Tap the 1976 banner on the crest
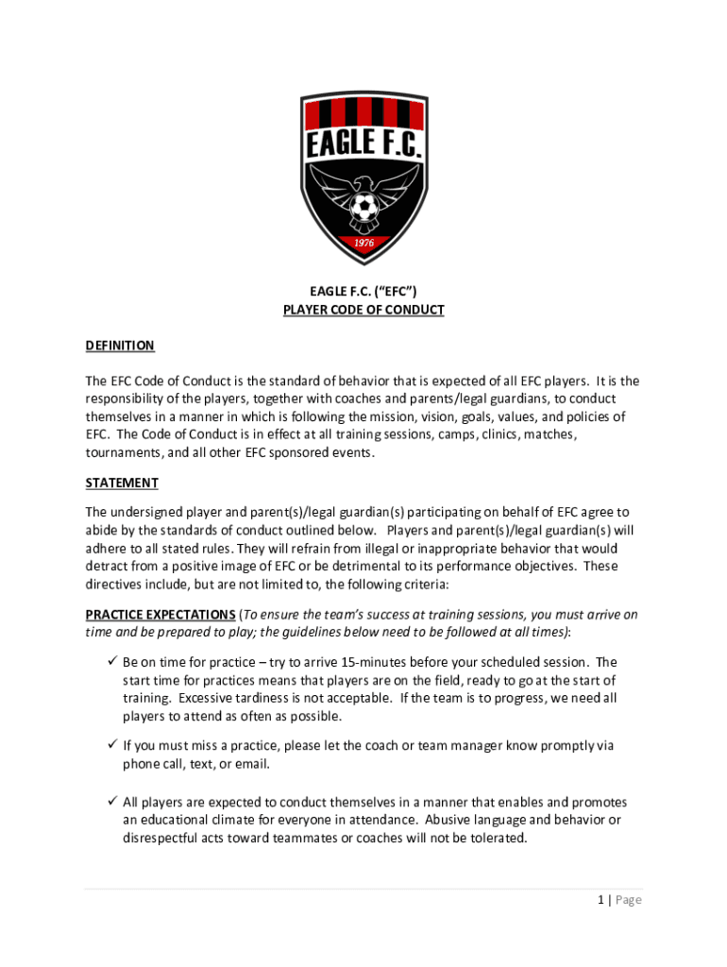pyautogui.click(x=363, y=243)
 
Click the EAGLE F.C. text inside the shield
pyautogui.click(x=363, y=146)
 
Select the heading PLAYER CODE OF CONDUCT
pyautogui.click(x=363, y=310)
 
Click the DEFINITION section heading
pyautogui.click(x=120, y=346)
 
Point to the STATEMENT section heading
pyautogui.click(x=122, y=483)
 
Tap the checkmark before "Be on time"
pyautogui.click(x=110, y=662)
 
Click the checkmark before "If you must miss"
pyautogui.click(x=110, y=745)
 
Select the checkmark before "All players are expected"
pyautogui.click(x=110, y=802)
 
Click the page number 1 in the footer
pyautogui.click(x=600, y=900)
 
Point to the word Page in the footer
pyautogui.click(x=628, y=900)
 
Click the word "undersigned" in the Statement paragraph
pyautogui.click(x=151, y=512)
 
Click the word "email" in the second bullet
pyautogui.click(x=253, y=763)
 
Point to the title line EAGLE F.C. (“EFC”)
pyautogui.click(x=363, y=292)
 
